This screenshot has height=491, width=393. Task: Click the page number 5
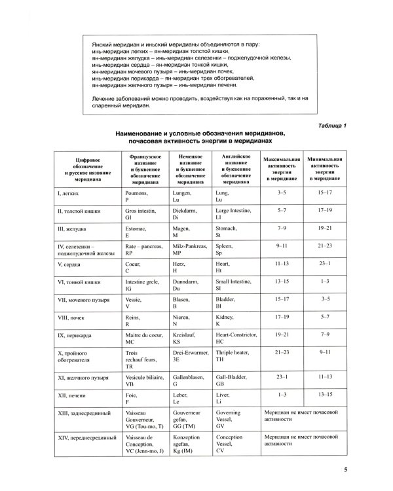click(x=345, y=469)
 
